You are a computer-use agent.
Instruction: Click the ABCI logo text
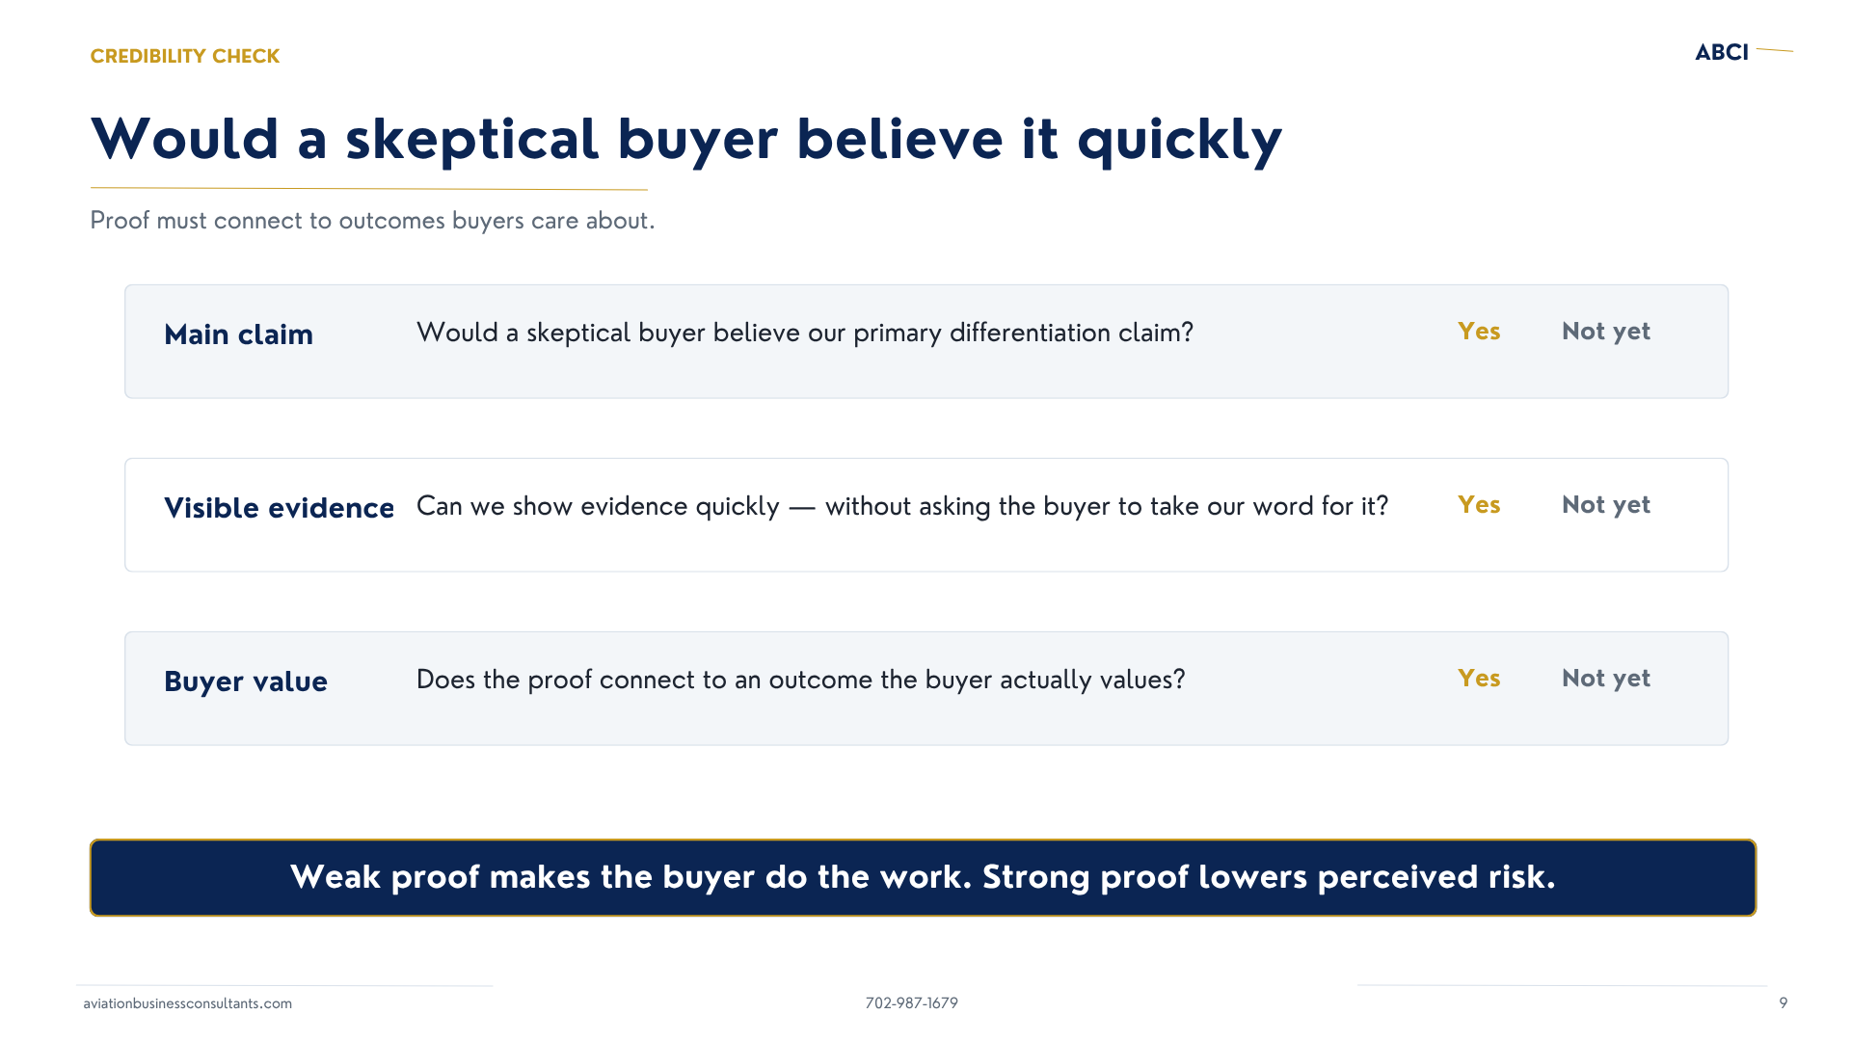tap(1722, 52)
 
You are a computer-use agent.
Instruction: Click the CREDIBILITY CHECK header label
tap(185, 56)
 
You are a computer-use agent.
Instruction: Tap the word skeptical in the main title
tap(472, 140)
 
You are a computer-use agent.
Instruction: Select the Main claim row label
tap(238, 334)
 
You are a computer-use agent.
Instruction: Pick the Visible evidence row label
tap(279, 508)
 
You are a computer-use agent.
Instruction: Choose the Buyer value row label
tap(246, 681)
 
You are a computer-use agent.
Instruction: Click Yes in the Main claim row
tap(1479, 332)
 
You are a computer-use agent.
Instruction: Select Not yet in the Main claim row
tap(1606, 332)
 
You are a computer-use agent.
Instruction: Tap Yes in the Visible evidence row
tap(1479, 505)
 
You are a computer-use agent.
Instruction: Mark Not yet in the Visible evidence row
tap(1606, 505)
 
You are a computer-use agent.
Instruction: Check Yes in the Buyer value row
tap(1479, 679)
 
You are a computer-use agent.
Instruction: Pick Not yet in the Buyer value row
tap(1606, 679)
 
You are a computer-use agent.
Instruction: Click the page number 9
tap(1784, 1003)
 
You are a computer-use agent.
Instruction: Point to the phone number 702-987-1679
tap(912, 1003)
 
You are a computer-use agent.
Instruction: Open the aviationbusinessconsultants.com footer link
tap(188, 1003)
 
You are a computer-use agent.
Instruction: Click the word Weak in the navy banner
tap(335, 877)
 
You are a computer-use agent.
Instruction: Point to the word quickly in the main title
tap(1180, 141)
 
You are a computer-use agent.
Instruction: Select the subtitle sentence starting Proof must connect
tap(372, 221)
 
